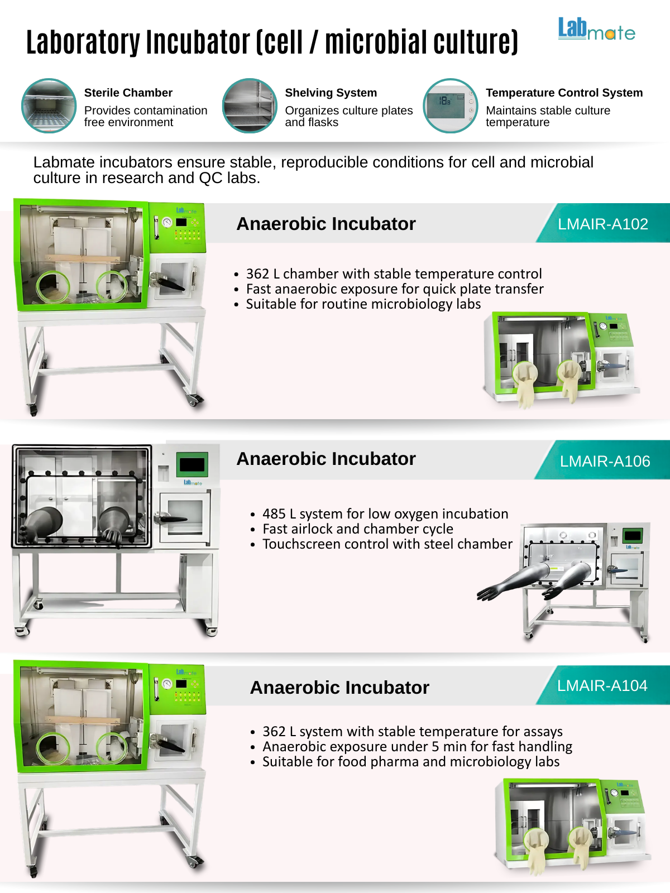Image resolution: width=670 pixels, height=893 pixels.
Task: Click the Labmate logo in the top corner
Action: point(596,29)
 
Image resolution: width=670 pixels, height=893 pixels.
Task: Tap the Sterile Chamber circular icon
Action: point(49,106)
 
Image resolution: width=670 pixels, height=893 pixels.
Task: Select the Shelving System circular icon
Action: point(250,106)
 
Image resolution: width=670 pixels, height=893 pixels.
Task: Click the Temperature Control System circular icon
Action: point(451,106)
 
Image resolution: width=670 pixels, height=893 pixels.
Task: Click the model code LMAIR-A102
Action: point(603,224)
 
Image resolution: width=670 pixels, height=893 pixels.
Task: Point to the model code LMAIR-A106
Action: point(605,462)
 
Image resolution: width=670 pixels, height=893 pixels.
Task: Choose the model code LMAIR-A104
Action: point(602,686)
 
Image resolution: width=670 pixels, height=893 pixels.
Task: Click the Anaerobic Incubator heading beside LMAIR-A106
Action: point(326,459)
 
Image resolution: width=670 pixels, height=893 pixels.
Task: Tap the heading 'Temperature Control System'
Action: point(564,93)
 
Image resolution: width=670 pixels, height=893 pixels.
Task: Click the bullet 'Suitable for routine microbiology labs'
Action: point(363,304)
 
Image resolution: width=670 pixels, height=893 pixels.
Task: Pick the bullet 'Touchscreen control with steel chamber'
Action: point(387,544)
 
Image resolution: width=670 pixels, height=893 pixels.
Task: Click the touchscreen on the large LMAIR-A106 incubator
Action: point(192,464)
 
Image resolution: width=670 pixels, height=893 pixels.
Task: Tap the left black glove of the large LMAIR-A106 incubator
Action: point(41,525)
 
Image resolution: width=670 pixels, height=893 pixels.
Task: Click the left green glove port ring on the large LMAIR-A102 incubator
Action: point(53,286)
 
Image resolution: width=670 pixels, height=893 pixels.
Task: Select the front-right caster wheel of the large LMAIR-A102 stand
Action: point(195,400)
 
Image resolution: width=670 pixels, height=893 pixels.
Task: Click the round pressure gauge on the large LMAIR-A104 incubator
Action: point(167,684)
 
